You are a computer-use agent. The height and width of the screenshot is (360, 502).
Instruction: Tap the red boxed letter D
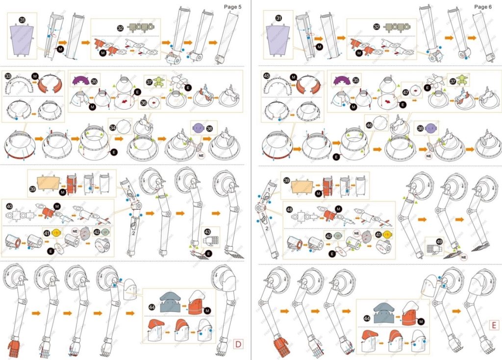(238, 344)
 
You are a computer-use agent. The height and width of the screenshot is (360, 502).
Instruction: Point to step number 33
(7, 76)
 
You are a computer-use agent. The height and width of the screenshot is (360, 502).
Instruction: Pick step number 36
(144, 103)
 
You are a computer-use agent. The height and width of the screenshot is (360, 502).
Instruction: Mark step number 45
(267, 76)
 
